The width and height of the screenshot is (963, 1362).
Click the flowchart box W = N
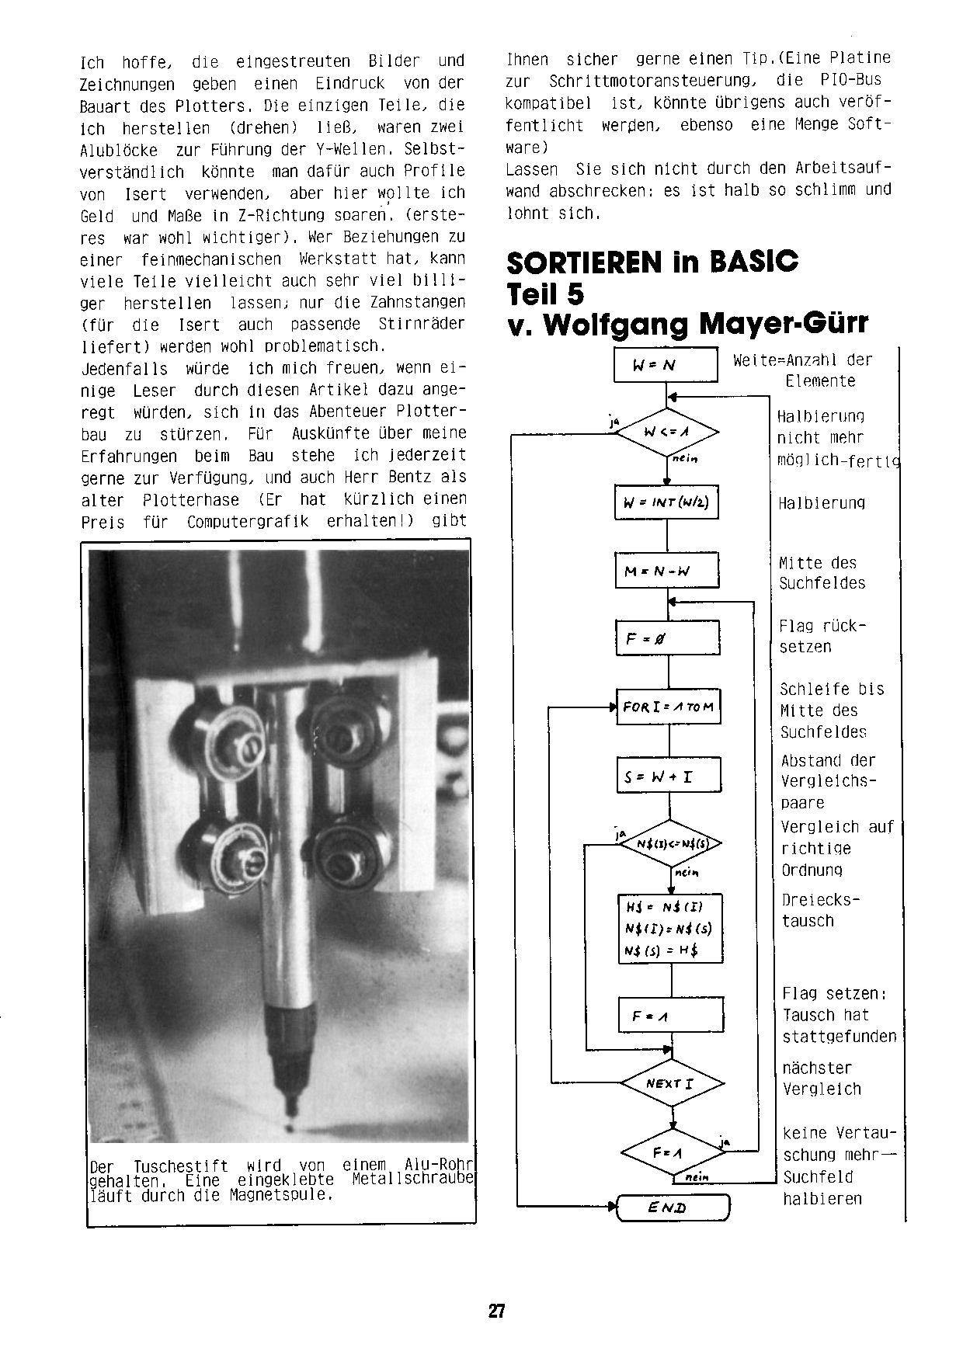[665, 365]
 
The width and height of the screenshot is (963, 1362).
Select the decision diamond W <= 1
[667, 432]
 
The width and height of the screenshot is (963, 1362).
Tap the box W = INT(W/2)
[666, 502]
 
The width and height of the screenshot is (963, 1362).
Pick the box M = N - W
[666, 571]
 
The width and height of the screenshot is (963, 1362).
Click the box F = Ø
[667, 638]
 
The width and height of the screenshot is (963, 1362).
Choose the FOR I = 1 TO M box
[668, 707]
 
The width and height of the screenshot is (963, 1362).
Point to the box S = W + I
[669, 775]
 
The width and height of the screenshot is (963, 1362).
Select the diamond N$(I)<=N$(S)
[669, 843]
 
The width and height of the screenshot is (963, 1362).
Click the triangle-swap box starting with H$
[670, 929]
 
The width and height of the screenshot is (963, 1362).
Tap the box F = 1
[671, 1015]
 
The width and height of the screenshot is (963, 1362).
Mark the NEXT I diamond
[673, 1082]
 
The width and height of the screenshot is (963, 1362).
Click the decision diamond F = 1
[673, 1152]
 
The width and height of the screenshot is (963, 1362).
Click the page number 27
[497, 1312]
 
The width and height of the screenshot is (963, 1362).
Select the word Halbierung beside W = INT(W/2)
[822, 503]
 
